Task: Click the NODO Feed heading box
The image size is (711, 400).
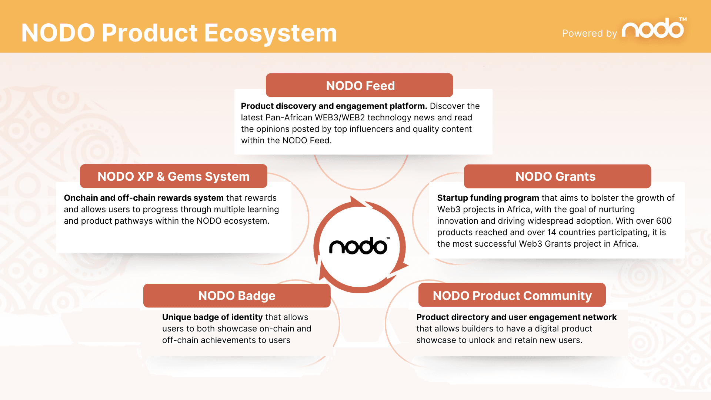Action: (x=359, y=85)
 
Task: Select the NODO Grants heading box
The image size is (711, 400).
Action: (x=557, y=176)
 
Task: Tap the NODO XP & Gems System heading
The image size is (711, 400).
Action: (x=173, y=176)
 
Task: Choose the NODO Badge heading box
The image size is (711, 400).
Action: (x=237, y=296)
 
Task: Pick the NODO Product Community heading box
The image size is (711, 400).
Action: (x=512, y=295)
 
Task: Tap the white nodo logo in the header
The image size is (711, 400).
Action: (x=654, y=28)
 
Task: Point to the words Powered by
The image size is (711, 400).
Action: (x=590, y=33)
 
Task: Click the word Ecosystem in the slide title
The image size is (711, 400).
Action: (x=271, y=33)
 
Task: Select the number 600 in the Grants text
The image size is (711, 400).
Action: (x=664, y=221)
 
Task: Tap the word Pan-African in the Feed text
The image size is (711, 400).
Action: (x=289, y=117)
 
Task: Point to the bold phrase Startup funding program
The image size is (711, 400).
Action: (x=488, y=198)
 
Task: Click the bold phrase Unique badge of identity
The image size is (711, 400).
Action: (x=212, y=317)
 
